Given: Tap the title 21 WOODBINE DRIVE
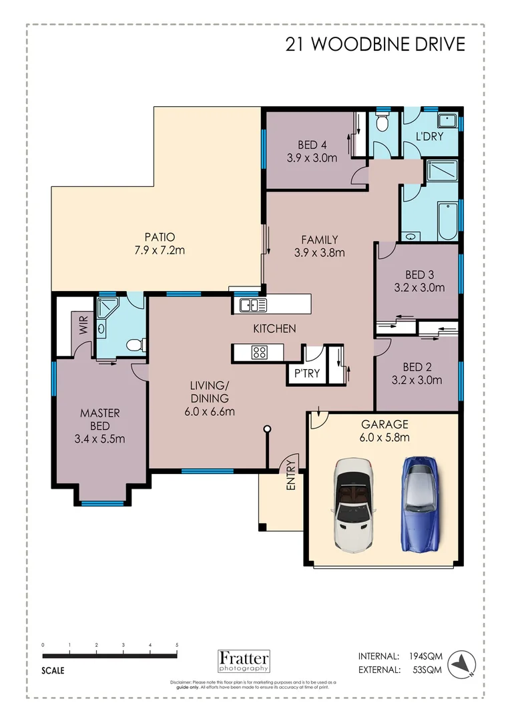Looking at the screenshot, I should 374,44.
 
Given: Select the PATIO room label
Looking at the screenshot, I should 159,236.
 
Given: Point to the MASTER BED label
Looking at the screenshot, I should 99,419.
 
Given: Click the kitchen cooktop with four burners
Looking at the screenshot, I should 259,352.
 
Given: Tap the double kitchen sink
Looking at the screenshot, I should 254,306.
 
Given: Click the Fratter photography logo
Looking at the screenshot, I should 244,660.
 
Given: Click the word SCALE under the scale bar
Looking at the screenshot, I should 53,671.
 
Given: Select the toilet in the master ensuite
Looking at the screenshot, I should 135,345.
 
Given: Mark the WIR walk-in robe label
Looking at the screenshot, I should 84,326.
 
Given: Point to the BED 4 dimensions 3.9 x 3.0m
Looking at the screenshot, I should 312,158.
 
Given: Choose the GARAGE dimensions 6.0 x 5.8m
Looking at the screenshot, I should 385,437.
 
